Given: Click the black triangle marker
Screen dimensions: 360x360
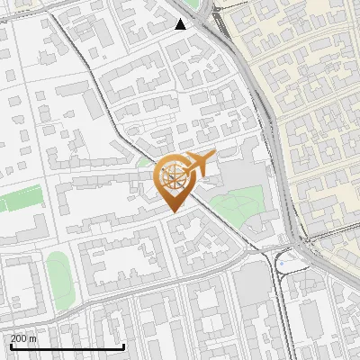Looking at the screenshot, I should tap(181, 24).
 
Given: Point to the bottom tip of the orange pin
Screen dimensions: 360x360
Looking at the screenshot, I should tap(172, 211).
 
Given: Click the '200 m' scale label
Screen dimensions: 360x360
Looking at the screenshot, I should tap(23, 338).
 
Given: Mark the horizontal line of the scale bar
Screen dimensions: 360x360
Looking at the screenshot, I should tap(67, 347).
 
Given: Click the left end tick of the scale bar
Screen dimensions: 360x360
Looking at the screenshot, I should tap(10, 346).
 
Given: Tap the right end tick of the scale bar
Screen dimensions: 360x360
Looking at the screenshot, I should tap(123, 346).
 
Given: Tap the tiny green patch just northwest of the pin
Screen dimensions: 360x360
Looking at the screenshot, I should tap(144, 163).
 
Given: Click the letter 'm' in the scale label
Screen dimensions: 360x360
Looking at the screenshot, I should tap(32, 338).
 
